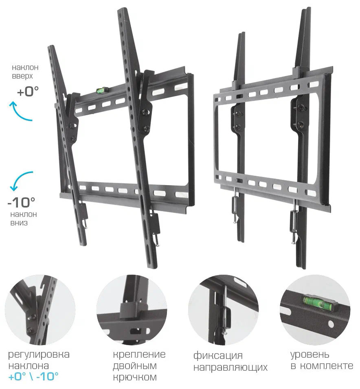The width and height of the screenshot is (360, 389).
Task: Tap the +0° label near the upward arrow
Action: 28,91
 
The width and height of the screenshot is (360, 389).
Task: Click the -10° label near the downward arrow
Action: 21,202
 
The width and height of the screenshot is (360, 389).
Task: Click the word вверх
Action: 22,76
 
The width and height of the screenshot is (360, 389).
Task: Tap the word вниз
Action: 19,223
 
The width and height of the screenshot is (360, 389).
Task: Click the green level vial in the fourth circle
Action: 317,302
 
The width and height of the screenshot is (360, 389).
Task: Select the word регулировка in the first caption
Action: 39,355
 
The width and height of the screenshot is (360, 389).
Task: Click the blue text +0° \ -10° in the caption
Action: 33,377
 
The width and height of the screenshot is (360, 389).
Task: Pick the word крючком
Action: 135,377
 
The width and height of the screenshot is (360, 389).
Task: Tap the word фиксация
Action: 218,356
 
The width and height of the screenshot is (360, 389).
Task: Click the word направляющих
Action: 230,367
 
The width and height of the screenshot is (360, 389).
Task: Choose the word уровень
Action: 310,355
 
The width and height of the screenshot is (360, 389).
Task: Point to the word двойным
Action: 134,366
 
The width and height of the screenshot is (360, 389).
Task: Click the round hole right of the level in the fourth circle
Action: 331,324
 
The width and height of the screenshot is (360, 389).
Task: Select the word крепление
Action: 139,354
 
